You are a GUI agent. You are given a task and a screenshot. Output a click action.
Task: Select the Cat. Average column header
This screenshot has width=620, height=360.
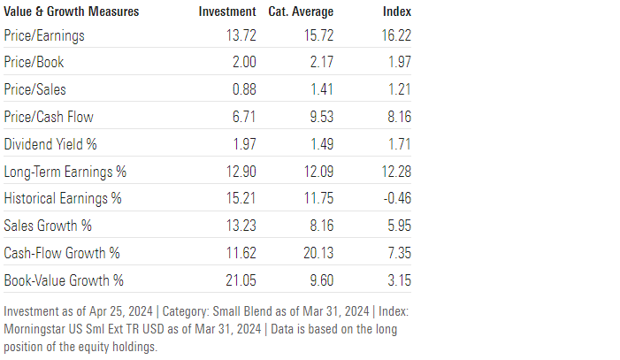[x=301, y=11]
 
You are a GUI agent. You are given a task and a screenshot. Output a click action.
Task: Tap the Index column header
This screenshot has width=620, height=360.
[x=396, y=11]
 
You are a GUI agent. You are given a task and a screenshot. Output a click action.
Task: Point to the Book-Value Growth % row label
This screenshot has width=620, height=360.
[x=64, y=280]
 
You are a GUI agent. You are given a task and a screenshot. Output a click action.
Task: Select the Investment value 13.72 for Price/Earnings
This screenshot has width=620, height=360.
[x=236, y=36]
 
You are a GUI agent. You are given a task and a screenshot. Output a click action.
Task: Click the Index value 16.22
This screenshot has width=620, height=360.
[x=395, y=36]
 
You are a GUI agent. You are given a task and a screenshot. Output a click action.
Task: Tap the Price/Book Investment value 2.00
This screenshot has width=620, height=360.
[x=240, y=64]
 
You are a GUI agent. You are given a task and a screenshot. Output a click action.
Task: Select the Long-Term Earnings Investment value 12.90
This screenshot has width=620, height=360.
[x=236, y=172]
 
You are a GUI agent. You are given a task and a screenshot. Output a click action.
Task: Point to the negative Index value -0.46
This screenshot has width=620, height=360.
[x=397, y=198]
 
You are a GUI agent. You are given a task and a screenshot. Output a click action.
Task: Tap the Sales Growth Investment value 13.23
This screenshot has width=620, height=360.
[x=236, y=226]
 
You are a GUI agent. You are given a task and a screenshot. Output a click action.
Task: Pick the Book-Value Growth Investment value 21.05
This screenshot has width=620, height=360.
[x=236, y=280]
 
